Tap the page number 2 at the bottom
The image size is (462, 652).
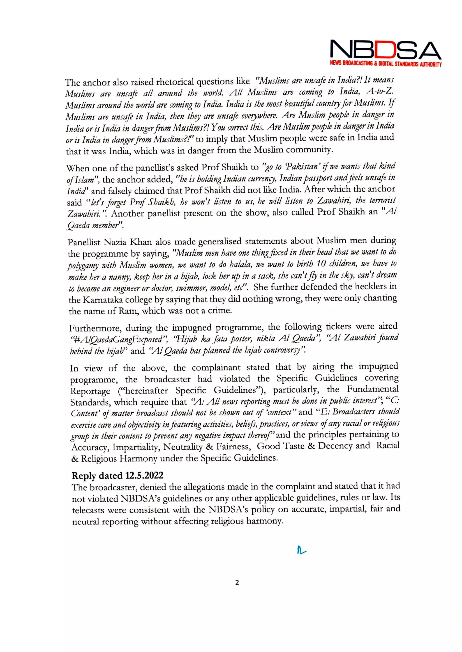[237, 583]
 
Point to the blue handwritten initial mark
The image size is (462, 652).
[301, 551]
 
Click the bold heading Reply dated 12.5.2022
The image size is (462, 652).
[117, 476]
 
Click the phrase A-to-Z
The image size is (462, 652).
[379, 92]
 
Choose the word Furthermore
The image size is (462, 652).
[95, 328]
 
